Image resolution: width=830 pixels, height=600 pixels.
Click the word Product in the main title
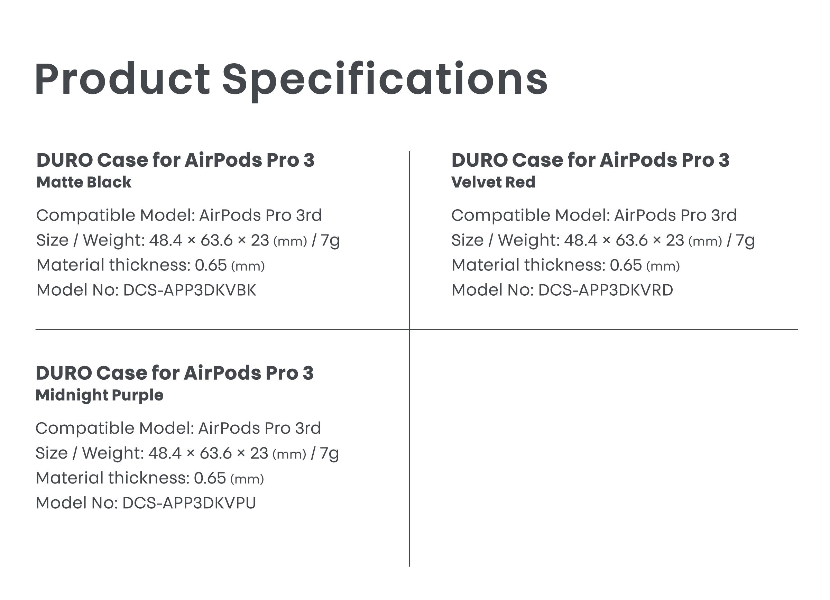[122, 79]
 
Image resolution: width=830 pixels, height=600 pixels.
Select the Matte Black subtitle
[84, 182]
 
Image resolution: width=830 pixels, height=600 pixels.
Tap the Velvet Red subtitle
[493, 182]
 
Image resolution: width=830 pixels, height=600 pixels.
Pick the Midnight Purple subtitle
[100, 396]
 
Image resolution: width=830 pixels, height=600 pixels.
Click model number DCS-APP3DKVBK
[190, 290]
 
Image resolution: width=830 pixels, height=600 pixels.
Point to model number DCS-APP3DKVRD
[605, 290]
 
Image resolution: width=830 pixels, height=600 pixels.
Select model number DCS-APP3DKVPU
[189, 503]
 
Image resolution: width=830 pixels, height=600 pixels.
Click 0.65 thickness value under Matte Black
[211, 265]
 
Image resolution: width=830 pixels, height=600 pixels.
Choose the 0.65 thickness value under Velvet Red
[626, 265]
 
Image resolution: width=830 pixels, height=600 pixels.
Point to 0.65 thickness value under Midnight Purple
[210, 478]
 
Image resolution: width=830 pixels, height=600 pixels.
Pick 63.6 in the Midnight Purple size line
[216, 454]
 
